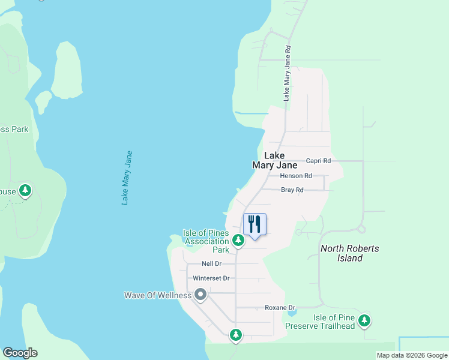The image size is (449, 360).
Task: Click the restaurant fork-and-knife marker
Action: [255, 225]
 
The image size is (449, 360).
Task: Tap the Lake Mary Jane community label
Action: [274, 160]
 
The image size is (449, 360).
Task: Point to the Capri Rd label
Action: [318, 161]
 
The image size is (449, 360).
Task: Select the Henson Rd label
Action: [296, 176]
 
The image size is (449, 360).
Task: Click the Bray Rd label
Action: [292, 190]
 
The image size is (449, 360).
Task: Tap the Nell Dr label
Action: [211, 263]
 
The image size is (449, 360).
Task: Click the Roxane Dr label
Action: [280, 308]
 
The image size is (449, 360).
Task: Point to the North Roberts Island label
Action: [349, 253]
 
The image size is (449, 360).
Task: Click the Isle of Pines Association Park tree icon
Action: [238, 241]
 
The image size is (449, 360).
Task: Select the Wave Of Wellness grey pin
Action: [200, 295]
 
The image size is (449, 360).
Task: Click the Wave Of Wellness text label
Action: [158, 295]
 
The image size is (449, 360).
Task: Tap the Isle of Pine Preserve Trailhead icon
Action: [364, 320]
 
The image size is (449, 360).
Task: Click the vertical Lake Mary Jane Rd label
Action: [288, 73]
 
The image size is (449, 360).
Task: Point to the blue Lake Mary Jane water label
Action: [127, 178]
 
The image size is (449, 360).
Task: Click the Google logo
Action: [20, 353]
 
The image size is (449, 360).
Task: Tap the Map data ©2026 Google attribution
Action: [412, 355]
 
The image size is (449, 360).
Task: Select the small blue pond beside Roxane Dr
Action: [292, 313]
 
